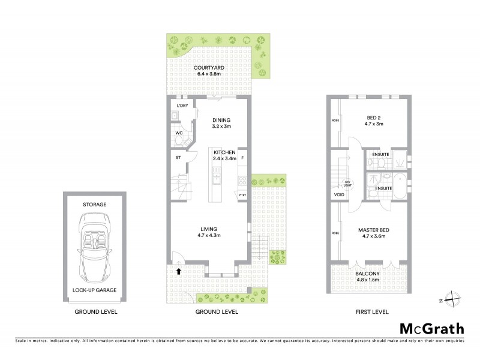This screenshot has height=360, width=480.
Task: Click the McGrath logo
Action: click(x=431, y=328)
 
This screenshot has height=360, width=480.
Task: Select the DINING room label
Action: click(x=221, y=120)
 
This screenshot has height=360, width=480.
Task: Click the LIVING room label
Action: click(x=209, y=229)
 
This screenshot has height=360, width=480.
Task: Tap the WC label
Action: click(x=179, y=133)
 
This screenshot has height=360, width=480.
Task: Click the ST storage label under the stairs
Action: click(x=178, y=158)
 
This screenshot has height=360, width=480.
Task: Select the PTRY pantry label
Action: click(x=242, y=194)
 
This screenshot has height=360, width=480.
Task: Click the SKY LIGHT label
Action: click(x=347, y=184)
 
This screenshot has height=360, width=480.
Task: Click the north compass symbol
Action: click(x=455, y=299)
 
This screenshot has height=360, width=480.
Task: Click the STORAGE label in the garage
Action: click(x=95, y=205)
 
